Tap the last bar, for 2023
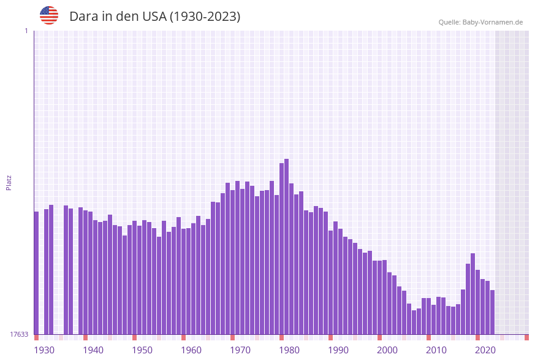[492, 312]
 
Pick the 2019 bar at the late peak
[472, 294]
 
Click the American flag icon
[49, 15]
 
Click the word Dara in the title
[83, 17]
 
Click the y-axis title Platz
[9, 182]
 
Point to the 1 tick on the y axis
[26, 31]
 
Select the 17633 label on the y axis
[19, 334]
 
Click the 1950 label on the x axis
[142, 350]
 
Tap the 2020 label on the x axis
[485, 350]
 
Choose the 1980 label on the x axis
[289, 350]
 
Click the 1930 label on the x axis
[44, 350]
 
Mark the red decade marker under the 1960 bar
[183, 337]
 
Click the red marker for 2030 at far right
[526, 337]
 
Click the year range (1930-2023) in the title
[204, 17]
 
